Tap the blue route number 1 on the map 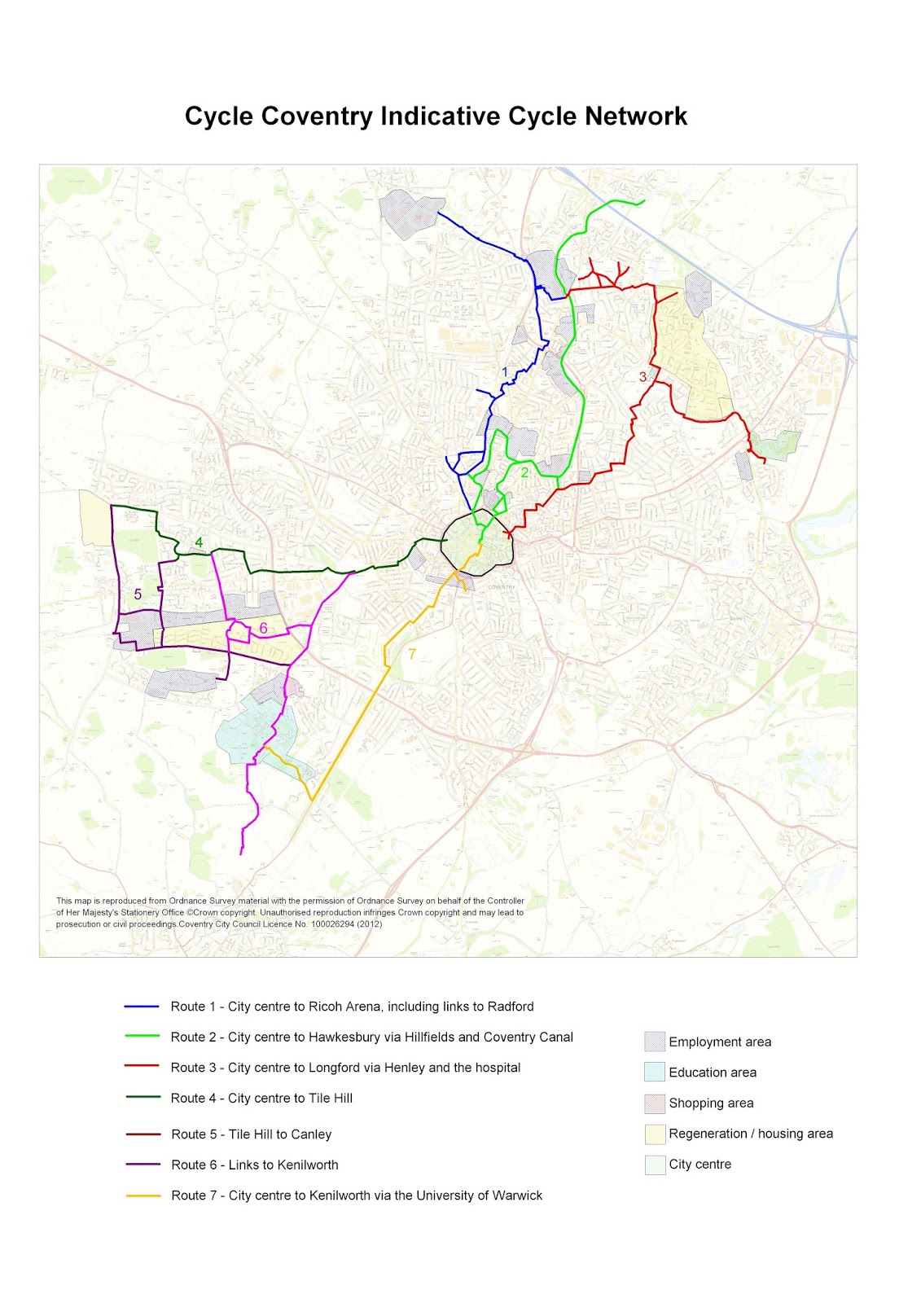tap(505, 372)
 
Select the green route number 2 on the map tap(524, 472)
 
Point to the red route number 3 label tap(643, 376)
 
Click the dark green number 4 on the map tap(199, 543)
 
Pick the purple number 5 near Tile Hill tap(138, 594)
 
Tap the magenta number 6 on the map tap(263, 629)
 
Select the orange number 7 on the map tap(412, 654)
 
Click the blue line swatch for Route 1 tap(142, 1007)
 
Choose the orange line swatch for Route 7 tap(143, 1196)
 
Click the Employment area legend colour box tap(655, 1042)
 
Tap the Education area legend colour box tap(655, 1073)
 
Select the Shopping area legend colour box tap(655, 1103)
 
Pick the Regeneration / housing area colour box tap(655, 1134)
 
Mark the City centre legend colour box tap(655, 1165)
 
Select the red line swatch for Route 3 tap(142, 1068)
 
